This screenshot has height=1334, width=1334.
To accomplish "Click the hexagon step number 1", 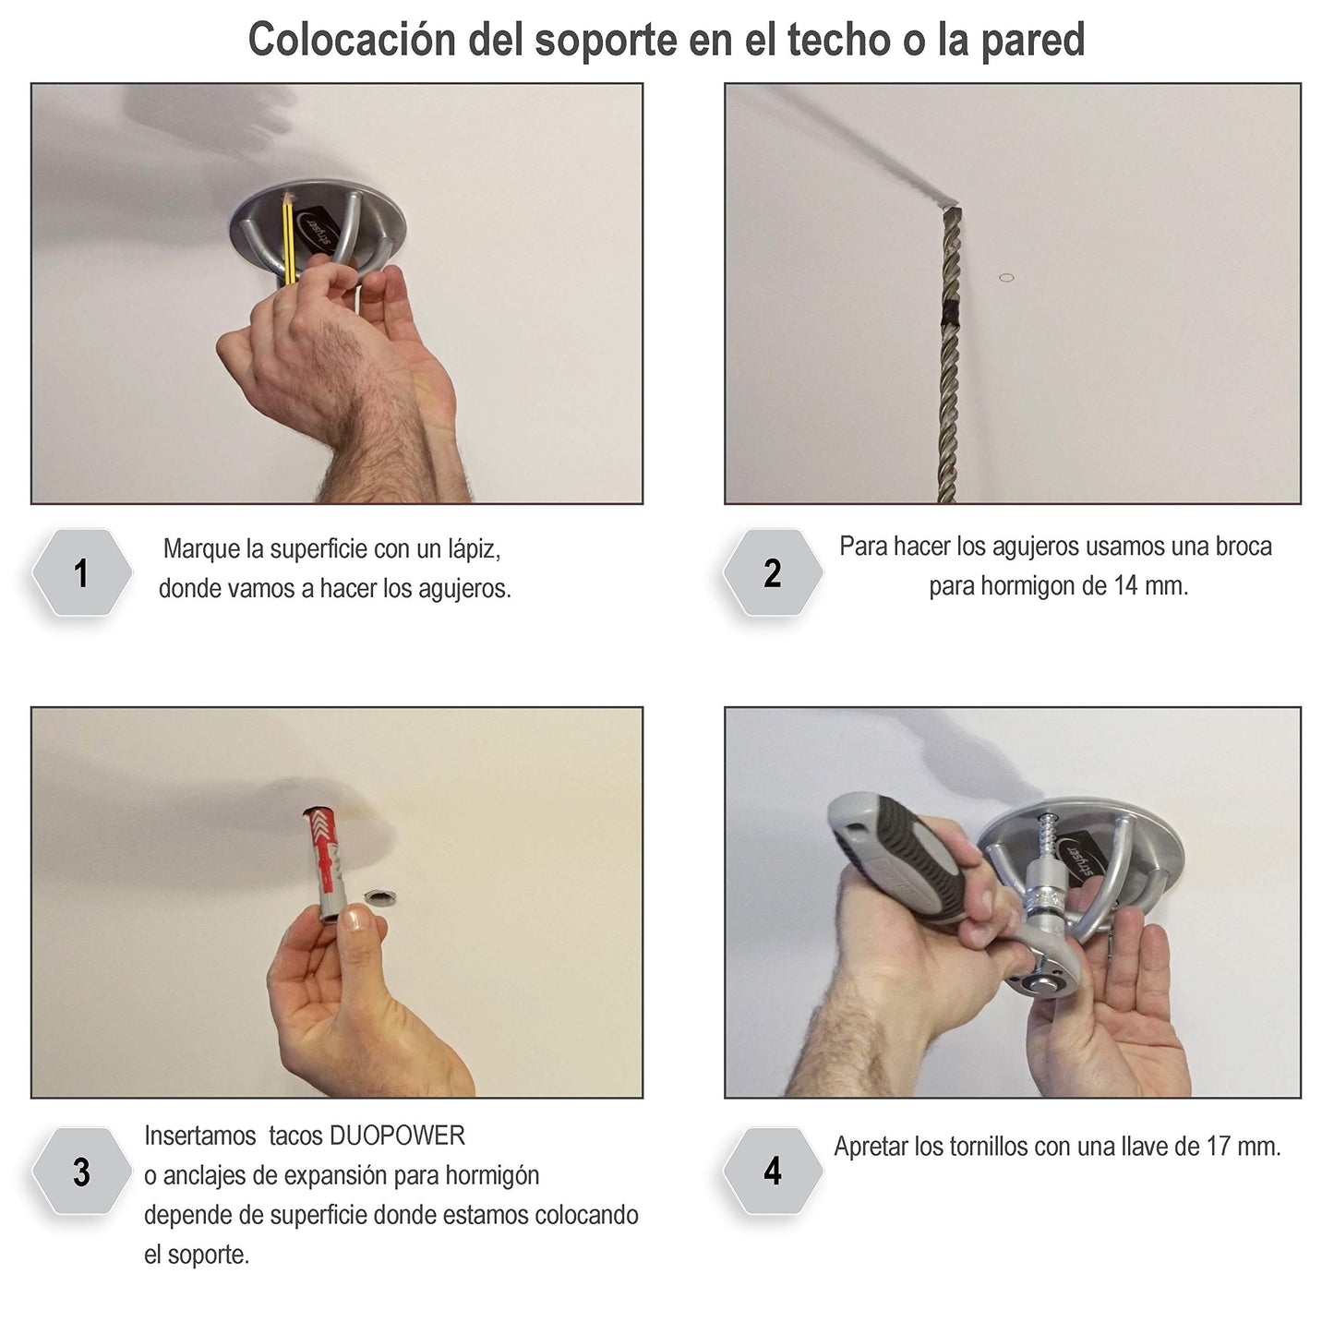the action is click(x=81, y=573).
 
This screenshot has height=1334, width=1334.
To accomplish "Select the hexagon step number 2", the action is click(x=773, y=573).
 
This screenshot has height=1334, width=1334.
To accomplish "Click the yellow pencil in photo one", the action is click(x=287, y=239).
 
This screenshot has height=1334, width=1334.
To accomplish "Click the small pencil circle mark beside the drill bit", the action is click(x=1006, y=278).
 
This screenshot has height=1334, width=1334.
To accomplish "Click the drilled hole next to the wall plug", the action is click(x=380, y=898).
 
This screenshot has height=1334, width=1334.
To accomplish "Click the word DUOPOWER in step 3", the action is click(x=397, y=1136).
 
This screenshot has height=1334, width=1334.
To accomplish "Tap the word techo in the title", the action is click(x=839, y=40).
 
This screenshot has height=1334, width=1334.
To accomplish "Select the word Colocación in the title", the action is click(x=352, y=40).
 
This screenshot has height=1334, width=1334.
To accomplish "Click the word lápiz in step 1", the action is click(x=475, y=549).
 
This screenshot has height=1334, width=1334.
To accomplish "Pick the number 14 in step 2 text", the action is click(x=1126, y=586).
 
